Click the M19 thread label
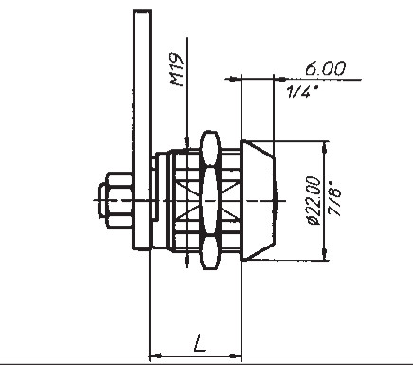click(x=176, y=70)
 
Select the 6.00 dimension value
click(x=326, y=68)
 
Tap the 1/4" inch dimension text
click(x=302, y=92)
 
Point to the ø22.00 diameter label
click(x=314, y=200)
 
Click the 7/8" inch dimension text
click(x=334, y=199)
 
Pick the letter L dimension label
click(x=199, y=342)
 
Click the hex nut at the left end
click(x=115, y=200)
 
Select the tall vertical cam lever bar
click(x=142, y=130)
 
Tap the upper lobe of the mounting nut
click(x=210, y=148)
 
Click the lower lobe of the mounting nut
click(x=210, y=252)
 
